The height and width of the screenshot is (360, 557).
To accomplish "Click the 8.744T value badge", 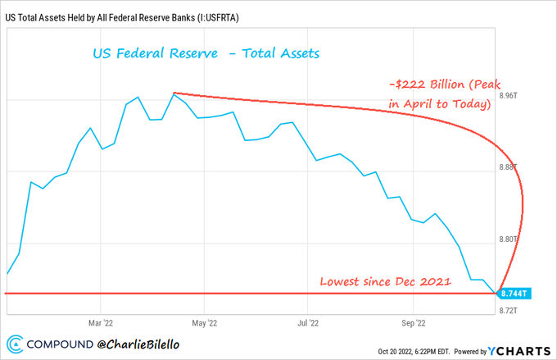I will coord(515,293).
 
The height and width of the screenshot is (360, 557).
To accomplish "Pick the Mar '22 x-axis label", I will coord(100,323).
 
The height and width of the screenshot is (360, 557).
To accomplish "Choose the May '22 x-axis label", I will coord(205,323).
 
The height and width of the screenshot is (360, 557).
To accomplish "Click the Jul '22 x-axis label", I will coord(308,323).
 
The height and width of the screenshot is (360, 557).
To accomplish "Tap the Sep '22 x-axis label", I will coord(414,323).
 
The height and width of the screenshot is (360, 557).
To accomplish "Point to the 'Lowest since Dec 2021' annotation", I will coord(384,281).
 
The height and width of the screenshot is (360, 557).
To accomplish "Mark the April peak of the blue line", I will coord(174,93).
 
